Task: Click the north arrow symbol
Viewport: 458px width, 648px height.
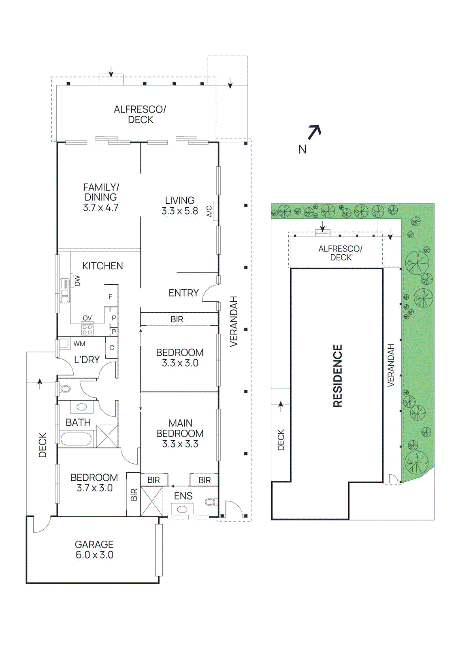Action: tap(314, 132)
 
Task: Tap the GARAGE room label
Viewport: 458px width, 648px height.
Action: tap(94, 544)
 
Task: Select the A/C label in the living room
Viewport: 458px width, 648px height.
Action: tap(209, 211)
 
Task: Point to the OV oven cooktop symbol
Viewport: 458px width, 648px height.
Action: tap(87, 329)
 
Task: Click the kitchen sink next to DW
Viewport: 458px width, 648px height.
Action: tap(64, 290)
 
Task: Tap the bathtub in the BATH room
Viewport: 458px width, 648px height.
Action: tap(77, 439)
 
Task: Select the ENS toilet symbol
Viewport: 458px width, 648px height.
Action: tap(210, 502)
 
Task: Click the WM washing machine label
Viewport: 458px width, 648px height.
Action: tap(79, 344)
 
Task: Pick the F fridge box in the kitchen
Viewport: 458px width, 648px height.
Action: tap(111, 296)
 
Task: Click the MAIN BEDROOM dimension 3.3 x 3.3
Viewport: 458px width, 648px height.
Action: tap(180, 444)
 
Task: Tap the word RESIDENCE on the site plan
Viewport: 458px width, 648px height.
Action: tap(337, 375)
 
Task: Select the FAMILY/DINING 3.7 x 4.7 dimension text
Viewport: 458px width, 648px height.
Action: tap(100, 208)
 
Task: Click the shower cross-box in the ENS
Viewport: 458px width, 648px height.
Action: tap(152, 501)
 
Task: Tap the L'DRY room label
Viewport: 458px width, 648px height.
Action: tap(87, 360)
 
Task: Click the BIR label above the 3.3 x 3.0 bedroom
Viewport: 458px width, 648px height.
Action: tap(177, 319)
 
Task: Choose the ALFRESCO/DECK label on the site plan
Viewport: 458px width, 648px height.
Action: tap(341, 253)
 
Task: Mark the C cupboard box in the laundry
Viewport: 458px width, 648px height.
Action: tap(112, 347)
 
